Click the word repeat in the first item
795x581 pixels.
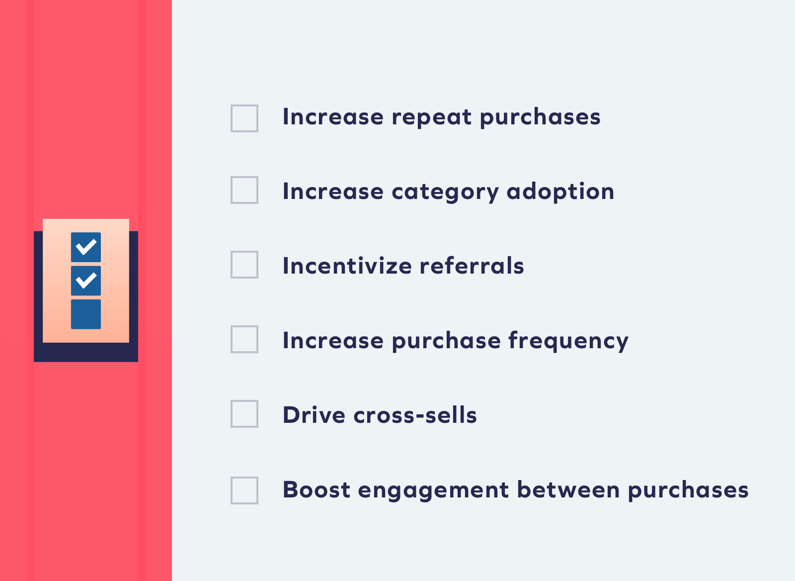click(432, 117)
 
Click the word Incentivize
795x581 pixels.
click(347, 266)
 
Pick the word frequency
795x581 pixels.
click(568, 341)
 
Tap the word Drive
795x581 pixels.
click(314, 414)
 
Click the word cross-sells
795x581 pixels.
click(415, 414)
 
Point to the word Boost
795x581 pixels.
click(317, 489)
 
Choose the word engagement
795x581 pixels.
click(434, 491)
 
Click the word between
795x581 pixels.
click(568, 489)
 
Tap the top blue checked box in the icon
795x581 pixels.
click(86, 247)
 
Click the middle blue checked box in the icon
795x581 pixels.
click(86, 281)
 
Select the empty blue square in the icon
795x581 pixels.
click(86, 314)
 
